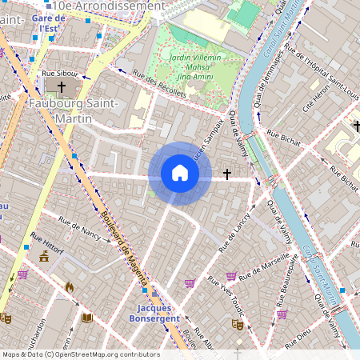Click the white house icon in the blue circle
pyautogui.click(x=180, y=173)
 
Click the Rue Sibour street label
pyautogui.click(x=58, y=73)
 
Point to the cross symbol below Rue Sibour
pyautogui.click(x=61, y=86)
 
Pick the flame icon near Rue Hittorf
pyautogui.click(x=69, y=286)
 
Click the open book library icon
pyautogui.click(x=87, y=318)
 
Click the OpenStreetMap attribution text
pyautogui.click(x=80, y=354)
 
